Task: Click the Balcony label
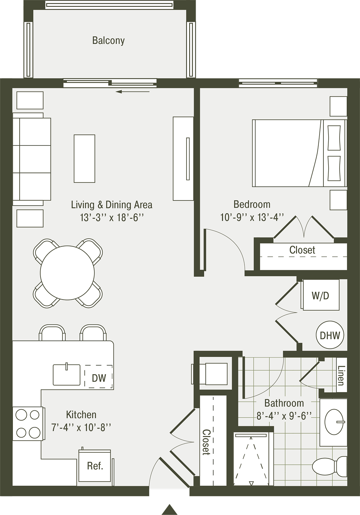coord(108,41)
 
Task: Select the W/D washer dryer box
coord(321,295)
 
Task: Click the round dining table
coord(67,273)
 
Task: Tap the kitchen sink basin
coord(66,375)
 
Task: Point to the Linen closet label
coord(341,375)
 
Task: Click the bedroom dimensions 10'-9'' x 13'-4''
coord(252,217)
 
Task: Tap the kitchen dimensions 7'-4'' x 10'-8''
coord(81,428)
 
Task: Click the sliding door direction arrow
coord(133,92)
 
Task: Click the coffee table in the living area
coord(84,159)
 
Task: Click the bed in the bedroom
coord(299,153)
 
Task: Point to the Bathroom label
coord(284,402)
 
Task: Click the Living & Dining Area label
coord(111,205)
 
